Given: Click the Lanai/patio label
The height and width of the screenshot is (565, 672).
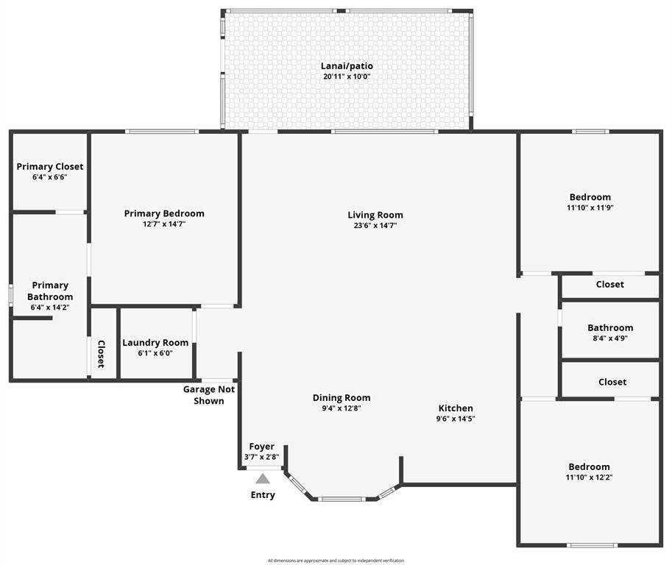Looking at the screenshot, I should (x=346, y=66).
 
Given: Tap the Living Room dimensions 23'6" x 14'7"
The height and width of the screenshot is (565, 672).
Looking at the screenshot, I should (x=375, y=226).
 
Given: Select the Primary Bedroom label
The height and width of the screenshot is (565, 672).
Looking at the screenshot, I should (x=164, y=213).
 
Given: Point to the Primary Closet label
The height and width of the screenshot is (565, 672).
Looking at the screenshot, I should (x=50, y=167).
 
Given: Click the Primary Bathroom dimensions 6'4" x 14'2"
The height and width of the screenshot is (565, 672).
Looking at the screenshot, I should (x=50, y=308).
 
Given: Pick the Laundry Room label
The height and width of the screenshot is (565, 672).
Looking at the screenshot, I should (x=155, y=343).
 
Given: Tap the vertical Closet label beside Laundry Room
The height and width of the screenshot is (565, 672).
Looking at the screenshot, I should (x=102, y=353).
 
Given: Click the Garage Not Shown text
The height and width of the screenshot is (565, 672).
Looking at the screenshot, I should (x=209, y=395).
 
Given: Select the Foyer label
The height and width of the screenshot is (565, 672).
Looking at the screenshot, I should (x=261, y=447).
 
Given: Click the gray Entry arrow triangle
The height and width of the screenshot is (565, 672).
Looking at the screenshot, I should (x=263, y=479).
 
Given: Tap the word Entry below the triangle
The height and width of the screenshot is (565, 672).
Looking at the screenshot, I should (x=263, y=495).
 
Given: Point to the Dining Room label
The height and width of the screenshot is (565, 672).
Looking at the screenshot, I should (x=342, y=398).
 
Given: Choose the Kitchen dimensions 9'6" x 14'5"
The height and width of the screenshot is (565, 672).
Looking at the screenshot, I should (x=456, y=419).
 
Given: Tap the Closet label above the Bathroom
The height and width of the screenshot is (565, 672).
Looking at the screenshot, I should (x=609, y=285).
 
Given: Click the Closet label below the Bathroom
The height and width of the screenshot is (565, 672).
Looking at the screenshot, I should (x=612, y=382).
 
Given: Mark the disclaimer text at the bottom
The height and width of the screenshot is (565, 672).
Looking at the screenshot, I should (x=336, y=561).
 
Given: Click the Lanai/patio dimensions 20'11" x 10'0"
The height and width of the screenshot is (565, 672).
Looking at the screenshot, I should (x=346, y=77).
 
